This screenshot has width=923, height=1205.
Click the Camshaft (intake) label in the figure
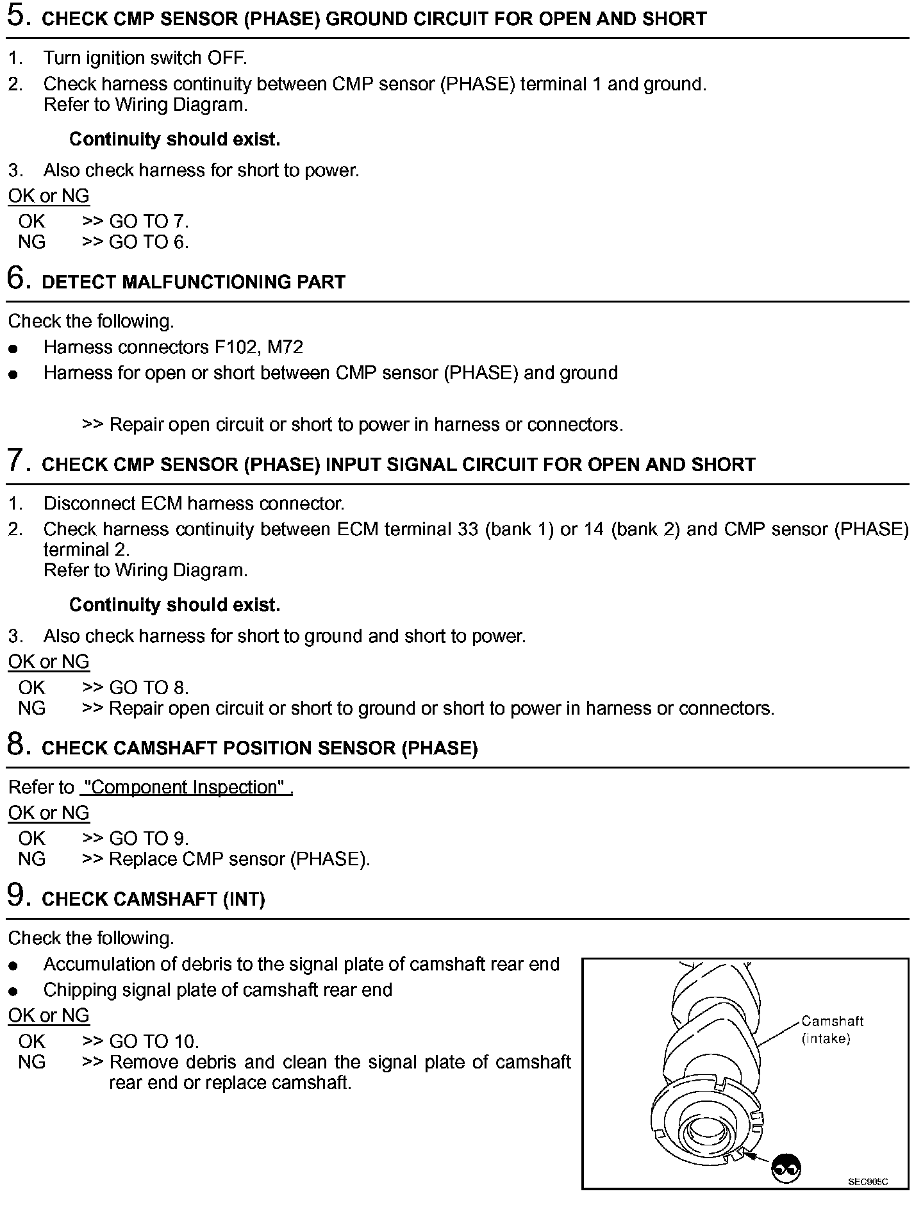[x=832, y=1029]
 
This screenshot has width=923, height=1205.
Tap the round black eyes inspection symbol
[x=786, y=1168]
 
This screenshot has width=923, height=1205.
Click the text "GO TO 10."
[x=154, y=1042]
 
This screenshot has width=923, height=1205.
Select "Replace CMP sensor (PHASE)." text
[x=240, y=859]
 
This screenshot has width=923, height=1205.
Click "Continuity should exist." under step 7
[x=174, y=604]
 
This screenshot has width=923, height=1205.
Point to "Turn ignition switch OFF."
[x=145, y=58]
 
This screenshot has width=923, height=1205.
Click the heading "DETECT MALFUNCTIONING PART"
[x=194, y=282]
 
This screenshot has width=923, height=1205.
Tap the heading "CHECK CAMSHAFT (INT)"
[x=153, y=899]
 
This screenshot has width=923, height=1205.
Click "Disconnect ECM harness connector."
[x=194, y=504]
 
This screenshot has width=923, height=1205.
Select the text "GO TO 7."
[x=149, y=222]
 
